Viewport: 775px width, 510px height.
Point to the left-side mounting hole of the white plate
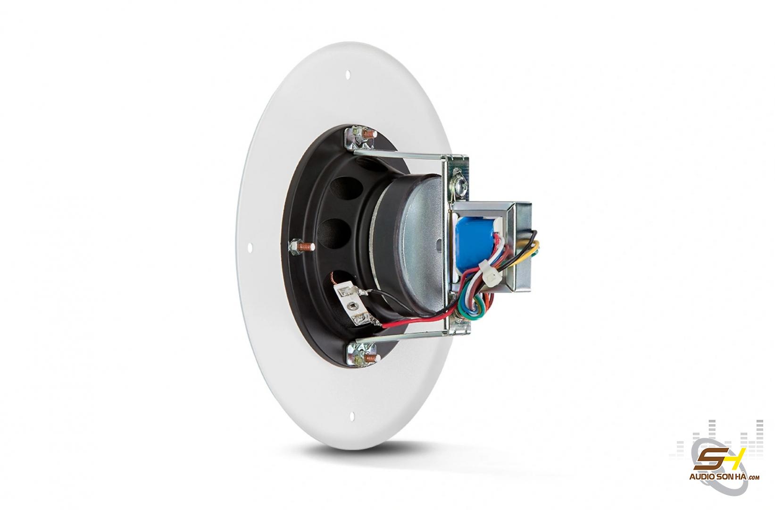(x=250, y=248)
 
